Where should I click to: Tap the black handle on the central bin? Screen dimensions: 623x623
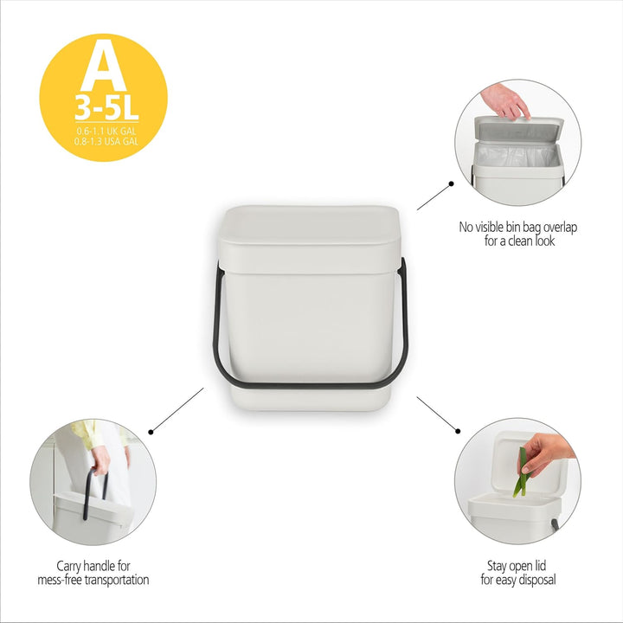[307, 380]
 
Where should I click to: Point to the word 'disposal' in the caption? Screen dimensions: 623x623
[536, 580]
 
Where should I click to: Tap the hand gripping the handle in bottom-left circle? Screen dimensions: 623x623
[100, 459]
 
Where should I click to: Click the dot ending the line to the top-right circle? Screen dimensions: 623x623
[451, 183]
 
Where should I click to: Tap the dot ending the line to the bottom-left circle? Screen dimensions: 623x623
[151, 430]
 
